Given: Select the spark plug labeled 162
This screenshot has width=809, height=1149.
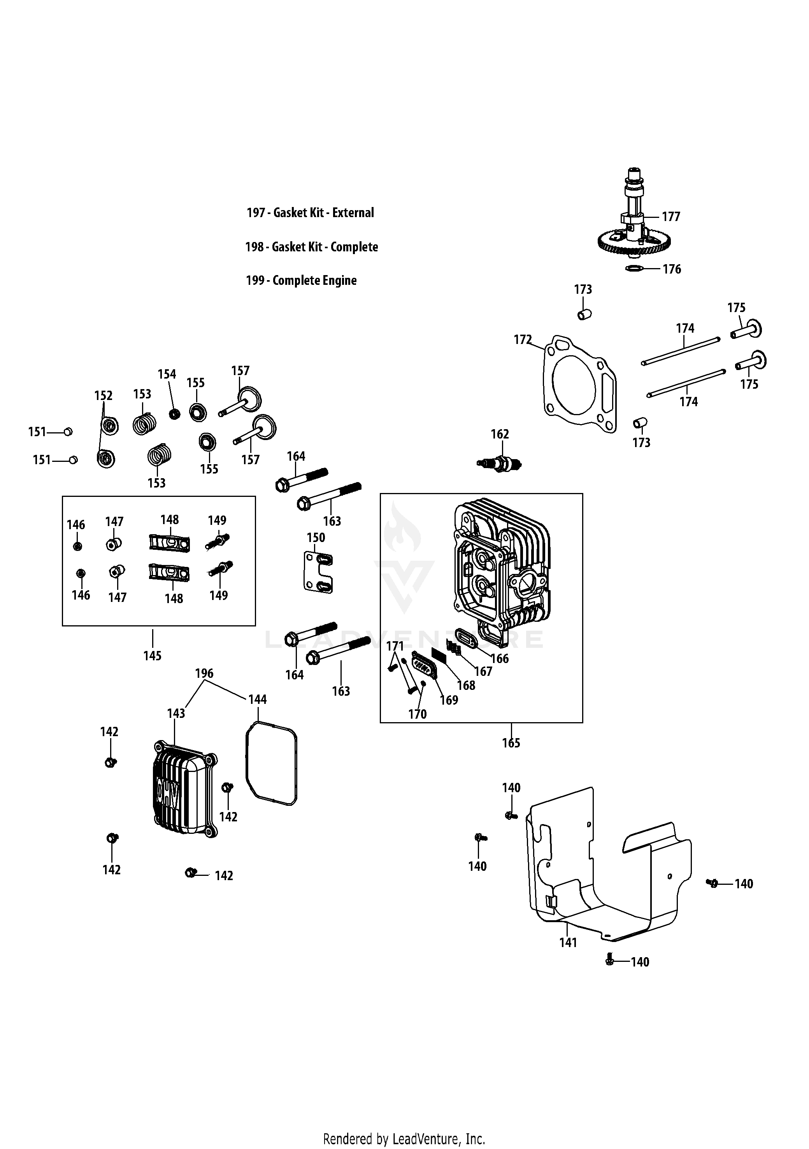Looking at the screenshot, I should pyautogui.click(x=500, y=464).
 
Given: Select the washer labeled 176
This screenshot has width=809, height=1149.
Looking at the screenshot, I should pyautogui.click(x=634, y=269).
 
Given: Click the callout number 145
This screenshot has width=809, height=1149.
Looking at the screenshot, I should pyautogui.click(x=152, y=656).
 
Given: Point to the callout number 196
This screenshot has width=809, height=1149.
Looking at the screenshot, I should pyautogui.click(x=204, y=673).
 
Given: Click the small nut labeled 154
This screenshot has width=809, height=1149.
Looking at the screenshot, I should pyautogui.click(x=174, y=414).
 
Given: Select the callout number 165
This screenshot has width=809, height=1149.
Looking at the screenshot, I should pyautogui.click(x=511, y=743).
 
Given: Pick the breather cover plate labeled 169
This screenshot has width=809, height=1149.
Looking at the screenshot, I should pyautogui.click(x=423, y=666).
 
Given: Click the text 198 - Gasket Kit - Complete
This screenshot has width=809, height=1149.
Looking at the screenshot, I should pyautogui.click(x=311, y=247).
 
